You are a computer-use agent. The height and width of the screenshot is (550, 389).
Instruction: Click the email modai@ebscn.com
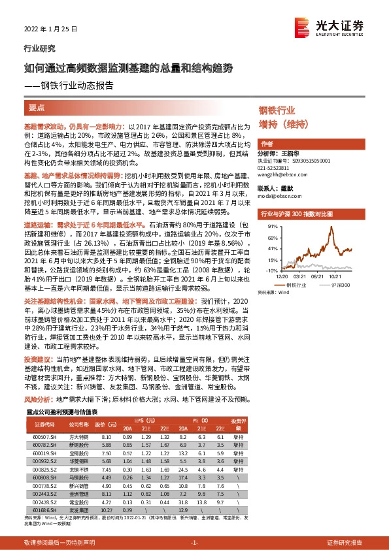276,194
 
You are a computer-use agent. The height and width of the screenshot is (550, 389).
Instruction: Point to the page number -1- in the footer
194,543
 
